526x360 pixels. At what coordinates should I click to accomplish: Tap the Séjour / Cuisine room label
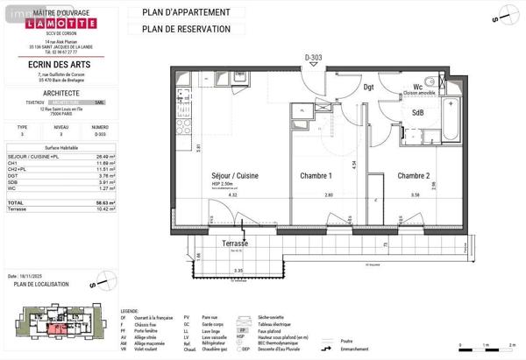tap(234, 175)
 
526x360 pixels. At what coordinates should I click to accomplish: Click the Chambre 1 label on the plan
tap(316, 175)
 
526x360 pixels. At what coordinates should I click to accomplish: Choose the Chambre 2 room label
tap(415, 175)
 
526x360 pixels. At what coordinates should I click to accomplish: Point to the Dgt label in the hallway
tap(369, 87)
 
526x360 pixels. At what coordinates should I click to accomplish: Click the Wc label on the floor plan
tap(418, 87)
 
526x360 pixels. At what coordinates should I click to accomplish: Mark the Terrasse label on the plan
tap(234, 243)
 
